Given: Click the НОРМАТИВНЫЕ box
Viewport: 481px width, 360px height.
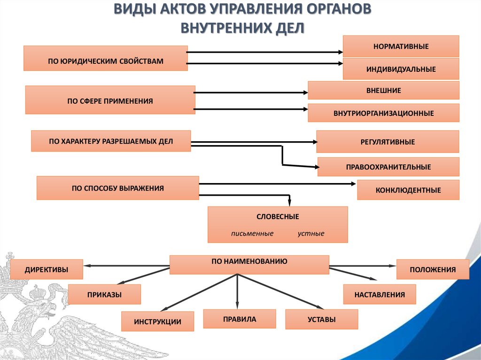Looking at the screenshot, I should pyautogui.click(x=401, y=46).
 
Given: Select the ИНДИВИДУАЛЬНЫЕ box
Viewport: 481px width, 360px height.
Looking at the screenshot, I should pyautogui.click(x=401, y=69).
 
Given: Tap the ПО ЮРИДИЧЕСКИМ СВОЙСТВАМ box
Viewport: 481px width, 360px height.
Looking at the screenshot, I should pyautogui.click(x=106, y=58).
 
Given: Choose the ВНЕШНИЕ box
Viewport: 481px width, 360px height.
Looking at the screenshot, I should pyautogui.click(x=383, y=91).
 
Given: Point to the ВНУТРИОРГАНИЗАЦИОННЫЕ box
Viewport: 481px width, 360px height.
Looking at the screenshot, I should pyautogui.click(x=383, y=113).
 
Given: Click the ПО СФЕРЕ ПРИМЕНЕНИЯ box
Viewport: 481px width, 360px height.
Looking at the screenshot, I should pyautogui.click(x=110, y=100).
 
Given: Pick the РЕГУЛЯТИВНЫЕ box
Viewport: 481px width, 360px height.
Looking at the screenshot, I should pyautogui.click(x=388, y=142).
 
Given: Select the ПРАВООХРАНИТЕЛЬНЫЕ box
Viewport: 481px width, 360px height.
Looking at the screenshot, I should pyautogui.click(x=388, y=167).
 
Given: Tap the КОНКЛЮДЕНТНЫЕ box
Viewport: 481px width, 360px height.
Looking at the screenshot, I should pyautogui.click(x=408, y=190).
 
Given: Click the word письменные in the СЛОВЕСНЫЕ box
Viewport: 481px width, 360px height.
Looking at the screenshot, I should pyautogui.click(x=252, y=233).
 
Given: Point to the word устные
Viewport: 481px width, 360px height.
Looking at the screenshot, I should pyautogui.click(x=310, y=233).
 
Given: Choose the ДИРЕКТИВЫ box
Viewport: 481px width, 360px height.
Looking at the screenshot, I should pyautogui.click(x=47, y=269).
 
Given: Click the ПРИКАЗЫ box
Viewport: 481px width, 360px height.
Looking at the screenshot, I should pyautogui.click(x=104, y=295).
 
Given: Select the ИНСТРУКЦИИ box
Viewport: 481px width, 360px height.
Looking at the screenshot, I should pyautogui.click(x=157, y=322).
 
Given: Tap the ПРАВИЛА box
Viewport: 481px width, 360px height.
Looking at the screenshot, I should pyautogui.click(x=240, y=319).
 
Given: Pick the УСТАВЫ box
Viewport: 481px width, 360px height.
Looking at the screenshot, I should pyautogui.click(x=321, y=319).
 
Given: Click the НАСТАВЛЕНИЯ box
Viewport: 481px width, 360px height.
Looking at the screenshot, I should pyautogui.click(x=380, y=295).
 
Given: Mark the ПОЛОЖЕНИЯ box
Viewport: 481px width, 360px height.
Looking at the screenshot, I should pyautogui.click(x=433, y=269).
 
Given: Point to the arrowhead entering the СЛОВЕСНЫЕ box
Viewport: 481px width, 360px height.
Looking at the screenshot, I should pyautogui.click(x=289, y=203).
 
